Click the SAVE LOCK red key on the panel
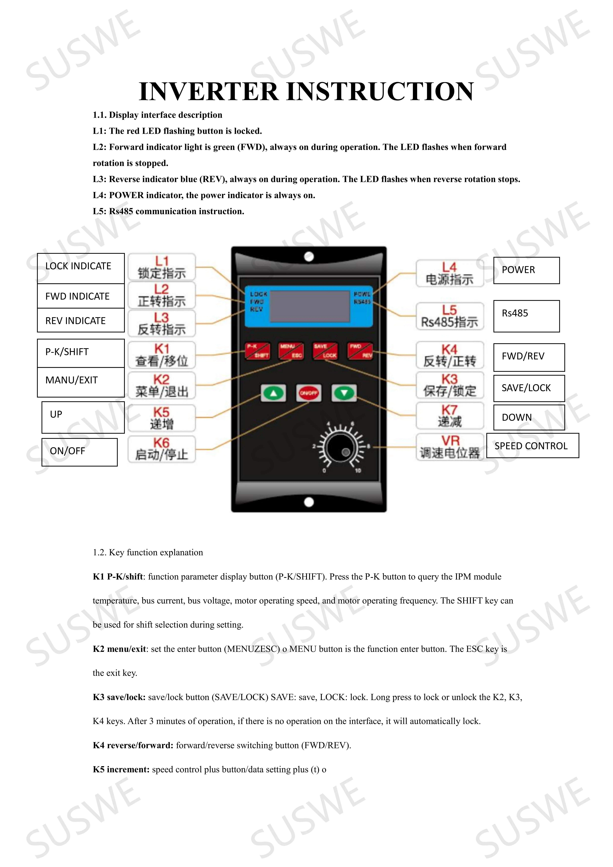325,351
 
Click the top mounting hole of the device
309,257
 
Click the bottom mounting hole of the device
309,502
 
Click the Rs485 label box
527,316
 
